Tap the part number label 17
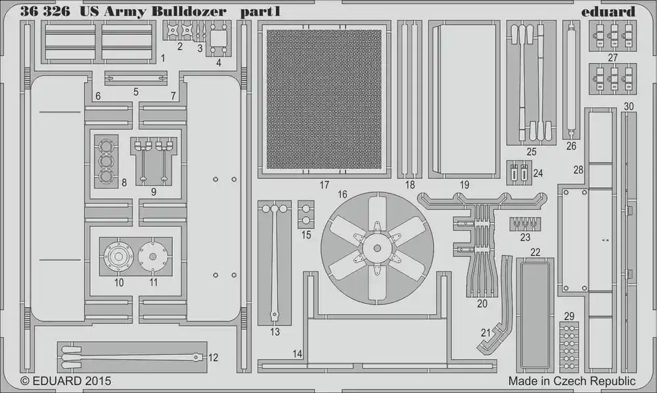(x=325, y=185)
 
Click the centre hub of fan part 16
(x=377, y=248)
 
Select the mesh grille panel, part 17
(x=324, y=99)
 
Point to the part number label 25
(x=532, y=152)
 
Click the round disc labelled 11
(x=152, y=256)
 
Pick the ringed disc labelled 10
(x=118, y=256)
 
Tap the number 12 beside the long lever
(x=214, y=358)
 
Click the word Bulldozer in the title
(x=189, y=12)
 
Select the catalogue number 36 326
(x=45, y=12)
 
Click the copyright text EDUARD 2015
(x=66, y=381)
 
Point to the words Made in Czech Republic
(x=572, y=381)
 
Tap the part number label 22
(x=535, y=252)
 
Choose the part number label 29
(x=569, y=316)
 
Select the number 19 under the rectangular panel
(x=464, y=185)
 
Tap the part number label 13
(x=275, y=332)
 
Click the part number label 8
(x=124, y=183)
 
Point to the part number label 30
(x=629, y=106)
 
